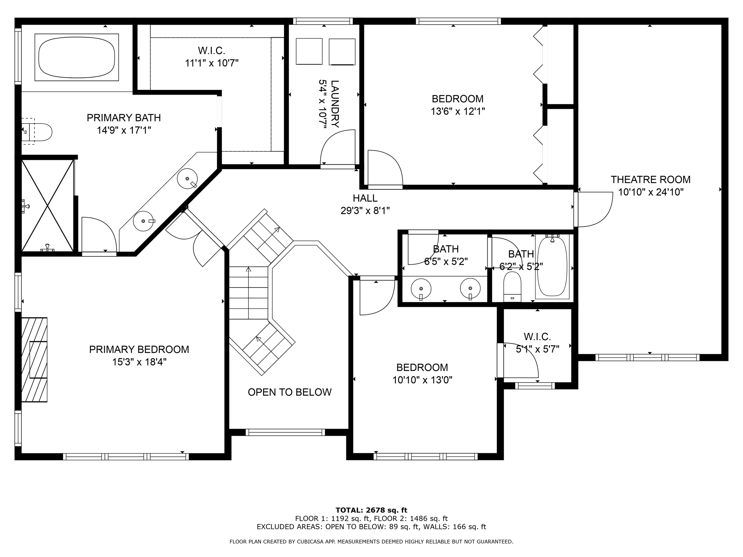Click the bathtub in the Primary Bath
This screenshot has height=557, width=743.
click(77, 57)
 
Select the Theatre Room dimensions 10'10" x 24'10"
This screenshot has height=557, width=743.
click(650, 192)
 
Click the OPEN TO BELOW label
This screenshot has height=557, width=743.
click(290, 392)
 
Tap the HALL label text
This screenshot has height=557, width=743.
click(365, 198)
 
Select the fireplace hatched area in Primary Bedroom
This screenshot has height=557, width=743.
click(34, 359)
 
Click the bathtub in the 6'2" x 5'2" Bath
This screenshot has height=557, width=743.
click(552, 267)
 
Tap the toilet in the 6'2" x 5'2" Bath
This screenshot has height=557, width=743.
click(512, 286)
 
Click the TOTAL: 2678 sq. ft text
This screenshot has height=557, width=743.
click(371, 510)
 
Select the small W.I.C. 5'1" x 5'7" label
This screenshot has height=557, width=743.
click(537, 343)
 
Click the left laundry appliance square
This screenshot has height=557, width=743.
click(309, 51)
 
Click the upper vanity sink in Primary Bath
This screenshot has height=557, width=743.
click(187, 178)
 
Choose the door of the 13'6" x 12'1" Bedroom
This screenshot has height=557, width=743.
click(385, 169)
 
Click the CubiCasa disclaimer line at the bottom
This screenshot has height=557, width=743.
click(371, 542)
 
